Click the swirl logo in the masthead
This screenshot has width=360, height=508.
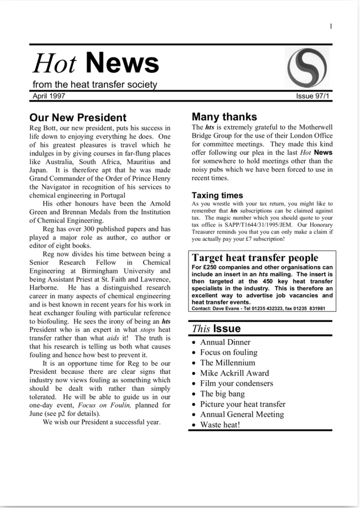307,68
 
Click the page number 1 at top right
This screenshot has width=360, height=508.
331,26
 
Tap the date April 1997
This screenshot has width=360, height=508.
49,96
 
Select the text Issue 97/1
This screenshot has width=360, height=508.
313,96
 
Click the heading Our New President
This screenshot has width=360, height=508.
78,118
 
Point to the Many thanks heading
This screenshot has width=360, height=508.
224,117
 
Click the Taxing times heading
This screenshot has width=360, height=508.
217,196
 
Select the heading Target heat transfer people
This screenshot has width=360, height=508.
255,258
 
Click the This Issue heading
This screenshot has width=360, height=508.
216,328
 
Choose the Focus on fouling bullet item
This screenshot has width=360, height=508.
229,352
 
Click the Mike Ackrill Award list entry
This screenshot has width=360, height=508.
234,373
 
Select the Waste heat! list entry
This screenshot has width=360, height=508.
220,425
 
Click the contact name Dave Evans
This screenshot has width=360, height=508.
227,308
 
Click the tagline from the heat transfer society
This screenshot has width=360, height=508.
94,85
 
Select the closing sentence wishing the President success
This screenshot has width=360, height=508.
102,422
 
